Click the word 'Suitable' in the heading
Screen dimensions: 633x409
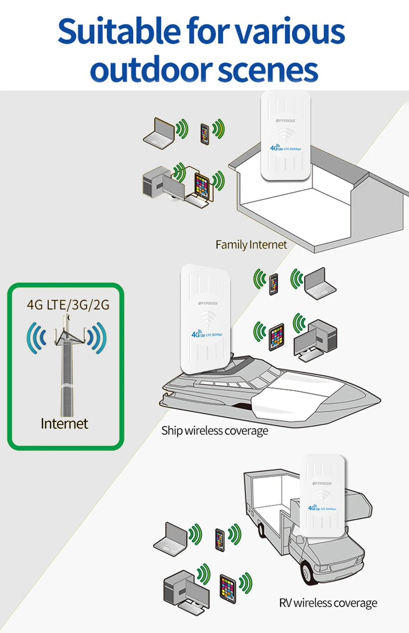tap(119, 32)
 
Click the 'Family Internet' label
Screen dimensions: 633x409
tap(251, 244)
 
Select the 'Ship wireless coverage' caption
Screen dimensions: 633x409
tap(215, 430)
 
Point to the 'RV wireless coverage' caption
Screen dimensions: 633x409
tap(328, 603)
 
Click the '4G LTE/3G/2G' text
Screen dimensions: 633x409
tap(68, 305)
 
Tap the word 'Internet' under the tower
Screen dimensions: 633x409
tap(64, 423)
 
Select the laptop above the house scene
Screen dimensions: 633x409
tap(159, 133)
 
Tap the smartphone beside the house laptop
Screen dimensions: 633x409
tap(204, 133)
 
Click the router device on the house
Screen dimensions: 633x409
tap(285, 135)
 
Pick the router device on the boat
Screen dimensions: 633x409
tap(206, 319)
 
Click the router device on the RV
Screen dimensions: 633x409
tap(323, 495)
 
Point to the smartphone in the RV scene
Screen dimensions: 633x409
tap(220, 539)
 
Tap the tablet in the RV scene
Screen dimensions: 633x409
tap(228, 588)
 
